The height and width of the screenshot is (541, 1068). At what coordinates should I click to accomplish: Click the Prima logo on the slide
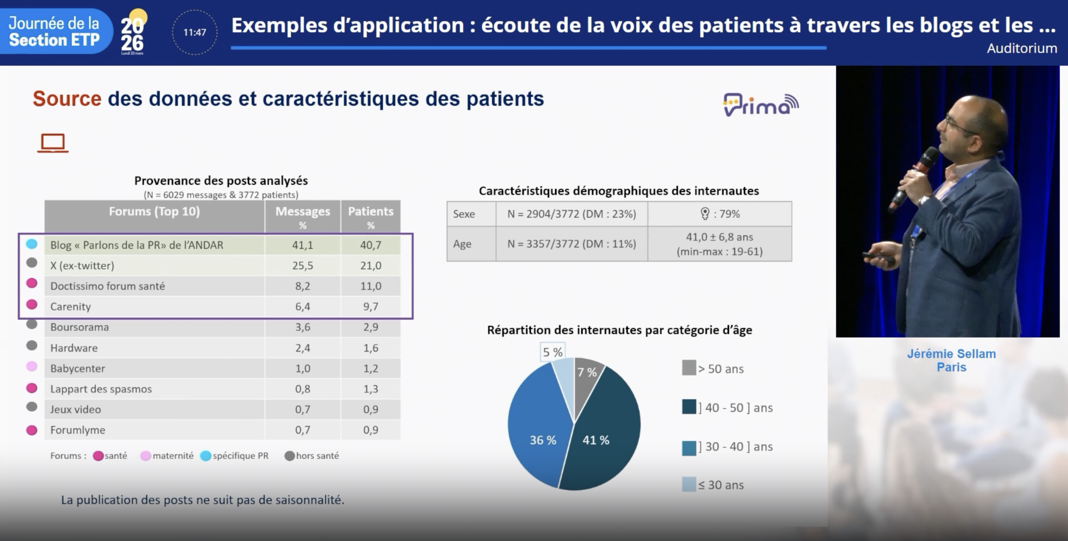pyautogui.click(x=761, y=104)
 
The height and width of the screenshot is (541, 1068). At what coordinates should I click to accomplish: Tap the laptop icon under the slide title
pyautogui.click(x=53, y=143)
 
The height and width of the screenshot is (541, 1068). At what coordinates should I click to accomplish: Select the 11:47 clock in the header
pyautogui.click(x=195, y=33)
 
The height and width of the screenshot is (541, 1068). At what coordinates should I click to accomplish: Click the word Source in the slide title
pyautogui.click(x=67, y=99)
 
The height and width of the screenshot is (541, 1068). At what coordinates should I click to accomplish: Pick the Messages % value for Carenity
pyautogui.click(x=302, y=307)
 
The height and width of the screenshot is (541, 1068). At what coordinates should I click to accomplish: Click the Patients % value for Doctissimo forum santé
pyautogui.click(x=370, y=286)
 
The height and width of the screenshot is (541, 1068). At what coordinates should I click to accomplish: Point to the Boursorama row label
pyautogui.click(x=80, y=327)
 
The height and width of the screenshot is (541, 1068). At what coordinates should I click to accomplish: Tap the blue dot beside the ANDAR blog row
pyautogui.click(x=32, y=244)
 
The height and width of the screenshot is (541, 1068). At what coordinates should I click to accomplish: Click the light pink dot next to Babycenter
pyautogui.click(x=32, y=367)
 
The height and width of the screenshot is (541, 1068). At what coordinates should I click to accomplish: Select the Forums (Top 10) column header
pyautogui.click(x=154, y=211)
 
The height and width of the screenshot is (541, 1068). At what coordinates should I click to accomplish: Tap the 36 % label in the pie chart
pyautogui.click(x=543, y=440)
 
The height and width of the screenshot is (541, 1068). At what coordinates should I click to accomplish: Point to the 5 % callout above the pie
pyautogui.click(x=552, y=352)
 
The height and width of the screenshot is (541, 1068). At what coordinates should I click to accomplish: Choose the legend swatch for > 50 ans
pyautogui.click(x=689, y=368)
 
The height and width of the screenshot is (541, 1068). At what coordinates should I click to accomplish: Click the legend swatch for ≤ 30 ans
pyautogui.click(x=689, y=484)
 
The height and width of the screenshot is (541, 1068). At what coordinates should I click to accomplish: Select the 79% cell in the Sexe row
pyautogui.click(x=720, y=214)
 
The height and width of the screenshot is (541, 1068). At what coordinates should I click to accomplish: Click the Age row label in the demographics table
pyautogui.click(x=462, y=244)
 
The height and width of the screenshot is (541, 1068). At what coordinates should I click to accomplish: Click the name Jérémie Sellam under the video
pyautogui.click(x=951, y=354)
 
